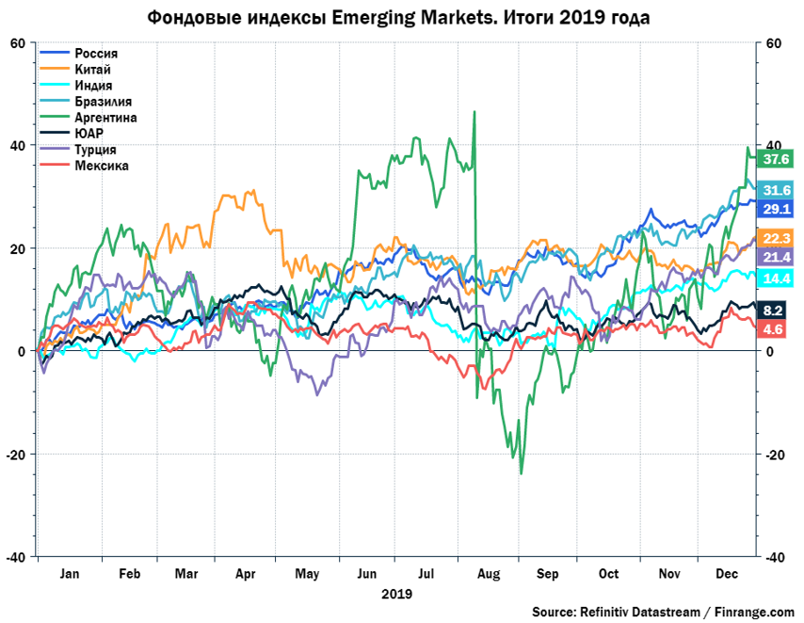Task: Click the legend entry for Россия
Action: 95,54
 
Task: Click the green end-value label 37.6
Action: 778,159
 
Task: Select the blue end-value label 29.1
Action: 778,208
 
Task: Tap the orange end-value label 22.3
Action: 778,238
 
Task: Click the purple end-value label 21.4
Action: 778,257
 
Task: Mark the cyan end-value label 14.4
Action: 778,279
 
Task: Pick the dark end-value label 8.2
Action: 778,310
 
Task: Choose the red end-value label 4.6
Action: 778,328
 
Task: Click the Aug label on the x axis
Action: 488,573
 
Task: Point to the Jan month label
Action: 66,573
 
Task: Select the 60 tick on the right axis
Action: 775,43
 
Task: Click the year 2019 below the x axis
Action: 396,594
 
